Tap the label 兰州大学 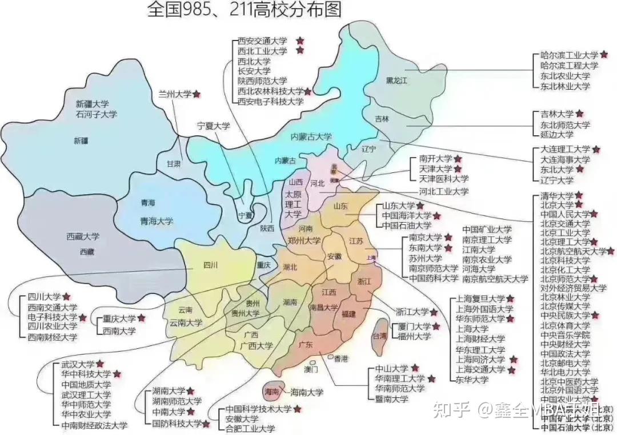tap(175, 94)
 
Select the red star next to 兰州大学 tap(197, 94)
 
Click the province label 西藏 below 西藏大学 tap(87, 251)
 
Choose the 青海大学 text tap(157, 221)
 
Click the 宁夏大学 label tap(213, 126)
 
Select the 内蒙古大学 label tap(311, 136)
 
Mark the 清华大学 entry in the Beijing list tap(557, 195)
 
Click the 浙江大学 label tap(412, 312)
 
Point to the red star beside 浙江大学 tap(434, 312)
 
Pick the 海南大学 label tap(307, 392)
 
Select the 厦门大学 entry tap(414, 327)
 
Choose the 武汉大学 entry tap(78, 364)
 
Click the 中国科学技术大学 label tap(258, 409)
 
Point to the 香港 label tap(341, 358)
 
